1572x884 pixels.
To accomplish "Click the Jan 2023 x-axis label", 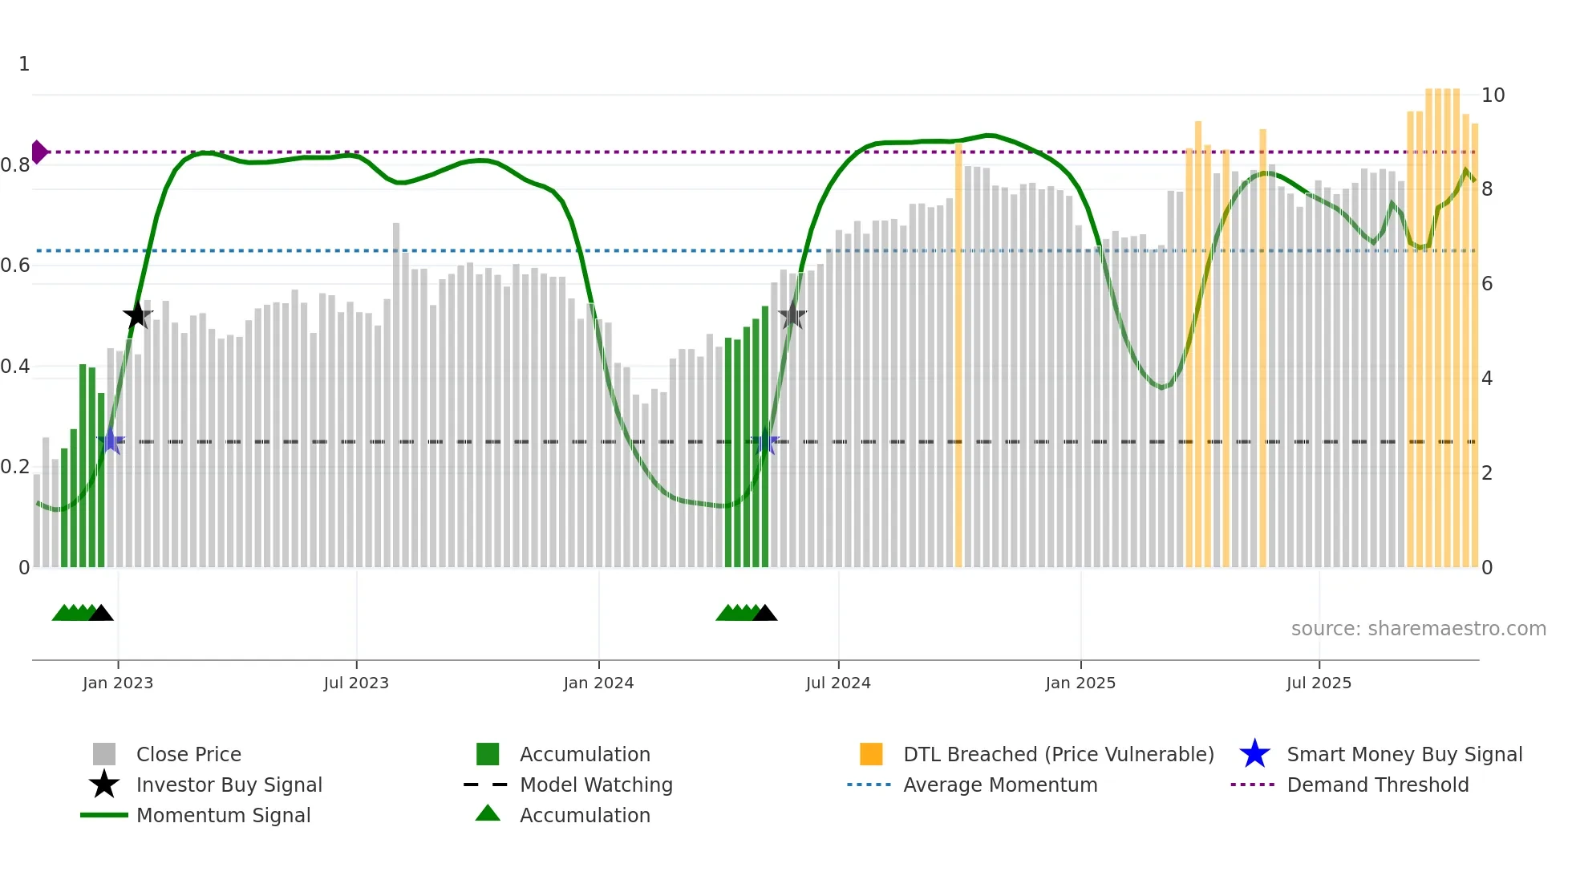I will point(118,683).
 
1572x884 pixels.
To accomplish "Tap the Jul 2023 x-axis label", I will point(356,683).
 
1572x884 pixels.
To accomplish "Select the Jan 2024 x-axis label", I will point(598,683).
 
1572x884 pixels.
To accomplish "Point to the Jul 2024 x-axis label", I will point(838,683).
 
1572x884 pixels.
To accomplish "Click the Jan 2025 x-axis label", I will point(1080,683).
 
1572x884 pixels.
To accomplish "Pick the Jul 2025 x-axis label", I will point(1319,683).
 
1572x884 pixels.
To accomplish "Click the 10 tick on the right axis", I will point(1493,95).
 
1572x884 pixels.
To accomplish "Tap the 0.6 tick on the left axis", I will point(15,266).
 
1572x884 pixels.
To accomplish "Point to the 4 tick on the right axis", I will point(1487,379).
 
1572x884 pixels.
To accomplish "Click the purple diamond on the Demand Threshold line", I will point(38,152).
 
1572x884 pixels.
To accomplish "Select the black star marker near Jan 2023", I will point(137,315).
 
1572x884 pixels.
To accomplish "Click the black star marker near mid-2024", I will point(792,315).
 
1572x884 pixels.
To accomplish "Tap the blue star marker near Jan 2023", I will point(111,441).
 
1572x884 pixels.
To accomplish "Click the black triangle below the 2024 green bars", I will point(765,614).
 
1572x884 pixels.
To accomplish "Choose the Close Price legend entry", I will point(188,754).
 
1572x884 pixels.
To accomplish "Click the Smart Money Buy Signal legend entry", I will point(1404,754).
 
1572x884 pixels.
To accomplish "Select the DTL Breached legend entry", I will point(1058,754).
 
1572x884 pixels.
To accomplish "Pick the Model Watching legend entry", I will point(596,785).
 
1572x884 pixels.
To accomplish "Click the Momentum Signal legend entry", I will point(223,815).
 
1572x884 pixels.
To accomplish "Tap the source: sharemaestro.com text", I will point(1418,629).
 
